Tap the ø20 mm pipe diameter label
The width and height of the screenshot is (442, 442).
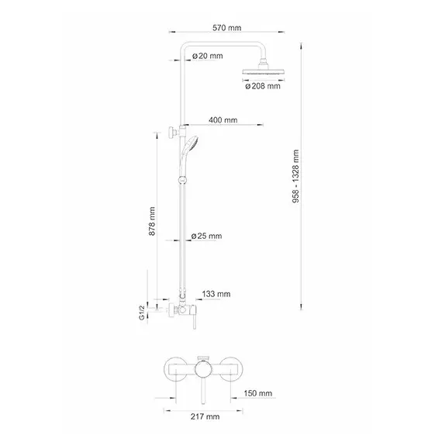click(x=209, y=56)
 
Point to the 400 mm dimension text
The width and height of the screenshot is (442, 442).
click(x=223, y=121)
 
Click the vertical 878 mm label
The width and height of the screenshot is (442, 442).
click(x=152, y=220)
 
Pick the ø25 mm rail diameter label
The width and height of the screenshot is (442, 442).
click(x=207, y=236)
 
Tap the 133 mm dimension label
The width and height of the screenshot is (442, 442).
click(x=216, y=294)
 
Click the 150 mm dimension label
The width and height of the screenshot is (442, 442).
click(x=258, y=394)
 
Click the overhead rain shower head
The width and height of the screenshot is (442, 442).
click(x=264, y=72)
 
